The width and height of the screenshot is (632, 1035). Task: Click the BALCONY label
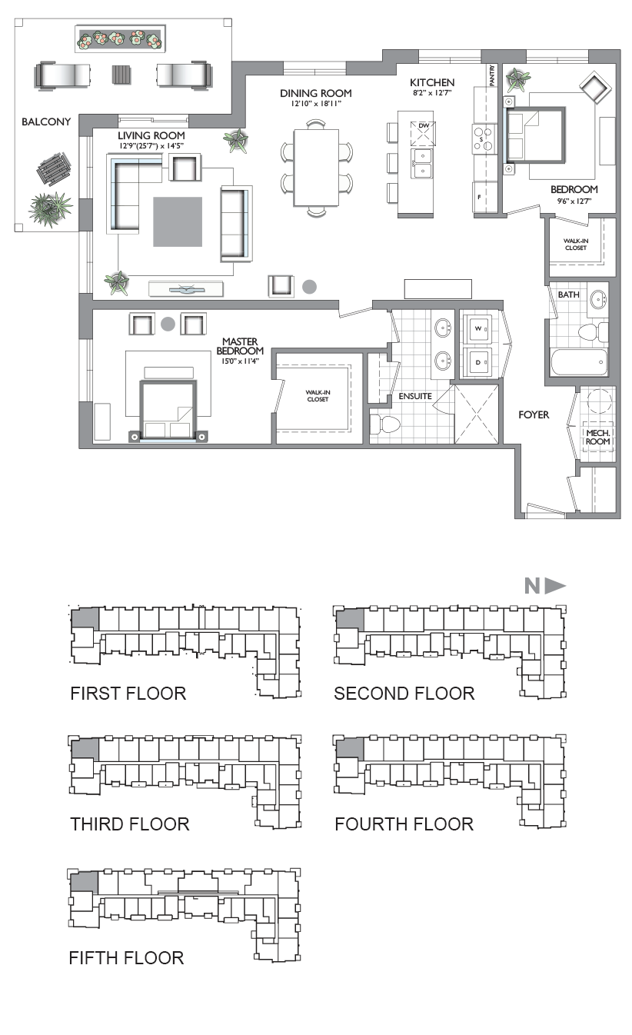click(46, 122)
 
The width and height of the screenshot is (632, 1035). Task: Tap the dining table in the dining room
click(317, 168)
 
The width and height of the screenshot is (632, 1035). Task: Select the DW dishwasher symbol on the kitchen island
click(423, 134)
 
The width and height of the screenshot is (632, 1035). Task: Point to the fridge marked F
click(484, 198)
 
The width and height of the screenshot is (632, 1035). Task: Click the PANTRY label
click(492, 75)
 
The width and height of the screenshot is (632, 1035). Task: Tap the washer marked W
click(478, 328)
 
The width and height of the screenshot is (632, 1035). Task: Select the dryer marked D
click(478, 362)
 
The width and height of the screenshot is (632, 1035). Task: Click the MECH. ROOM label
click(598, 437)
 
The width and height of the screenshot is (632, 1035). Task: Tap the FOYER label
click(534, 415)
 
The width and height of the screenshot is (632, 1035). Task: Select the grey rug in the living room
click(178, 221)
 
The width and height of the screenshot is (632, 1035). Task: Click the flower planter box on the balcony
click(120, 39)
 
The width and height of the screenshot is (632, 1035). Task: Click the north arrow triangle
click(555, 587)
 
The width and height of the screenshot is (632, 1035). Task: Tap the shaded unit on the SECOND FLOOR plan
click(350, 620)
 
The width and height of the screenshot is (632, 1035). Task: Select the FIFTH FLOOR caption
click(126, 958)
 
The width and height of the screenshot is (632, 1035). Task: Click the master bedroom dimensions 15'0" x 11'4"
click(240, 361)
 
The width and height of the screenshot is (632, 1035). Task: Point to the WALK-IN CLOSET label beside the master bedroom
click(318, 395)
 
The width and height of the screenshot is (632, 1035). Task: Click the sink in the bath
click(599, 299)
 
